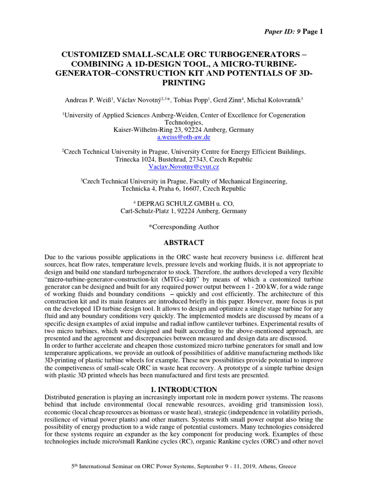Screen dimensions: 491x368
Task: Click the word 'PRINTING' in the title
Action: point(184,83)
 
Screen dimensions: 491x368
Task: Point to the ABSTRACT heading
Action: point(184,243)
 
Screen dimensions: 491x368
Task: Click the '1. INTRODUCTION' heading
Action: point(184,389)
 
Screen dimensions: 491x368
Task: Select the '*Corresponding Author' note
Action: point(184,226)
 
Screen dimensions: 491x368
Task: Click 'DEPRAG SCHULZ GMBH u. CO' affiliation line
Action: point(184,203)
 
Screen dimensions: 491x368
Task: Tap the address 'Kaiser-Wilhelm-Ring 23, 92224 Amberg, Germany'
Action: point(184,129)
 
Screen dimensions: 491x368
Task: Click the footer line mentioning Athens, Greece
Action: point(184,466)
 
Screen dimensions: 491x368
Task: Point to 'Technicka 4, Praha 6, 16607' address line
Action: point(184,189)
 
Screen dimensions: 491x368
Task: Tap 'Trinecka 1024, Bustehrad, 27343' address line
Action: point(184,159)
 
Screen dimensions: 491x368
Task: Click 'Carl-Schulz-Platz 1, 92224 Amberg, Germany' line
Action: point(184,211)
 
